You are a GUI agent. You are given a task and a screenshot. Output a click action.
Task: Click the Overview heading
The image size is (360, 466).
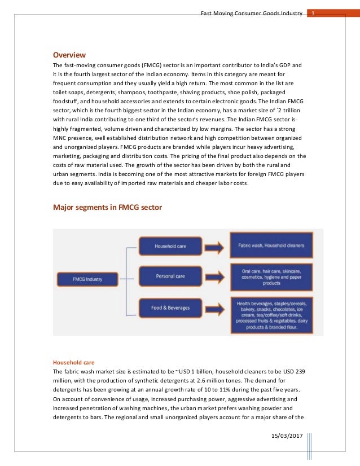[x=69, y=55]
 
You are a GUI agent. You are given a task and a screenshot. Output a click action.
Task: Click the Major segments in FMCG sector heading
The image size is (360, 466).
[x=107, y=207]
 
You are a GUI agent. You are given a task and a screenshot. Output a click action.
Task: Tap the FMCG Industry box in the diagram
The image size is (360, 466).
[x=87, y=279]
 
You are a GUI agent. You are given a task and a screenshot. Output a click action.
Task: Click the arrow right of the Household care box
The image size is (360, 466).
[x=208, y=246]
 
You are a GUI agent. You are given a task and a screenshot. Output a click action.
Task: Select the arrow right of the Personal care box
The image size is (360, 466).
[x=208, y=276]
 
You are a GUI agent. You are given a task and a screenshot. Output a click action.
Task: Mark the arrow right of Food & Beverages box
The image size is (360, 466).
[x=208, y=308]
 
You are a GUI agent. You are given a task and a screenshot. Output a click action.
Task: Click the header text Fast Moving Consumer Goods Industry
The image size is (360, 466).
[x=251, y=12]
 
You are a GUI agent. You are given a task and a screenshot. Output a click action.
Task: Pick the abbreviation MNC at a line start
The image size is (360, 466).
[x=60, y=138]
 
